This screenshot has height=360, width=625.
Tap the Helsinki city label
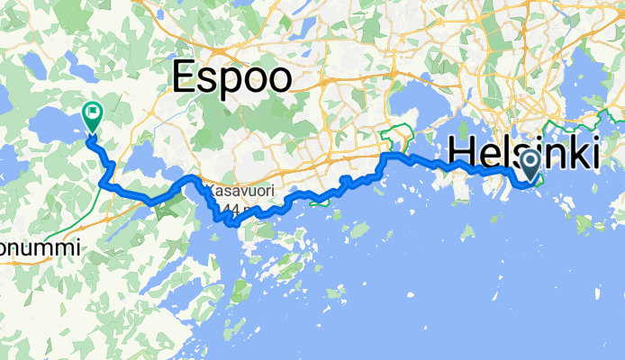(522, 153)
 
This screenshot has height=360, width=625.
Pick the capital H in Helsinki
(461, 153)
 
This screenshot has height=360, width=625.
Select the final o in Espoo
(278, 79)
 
